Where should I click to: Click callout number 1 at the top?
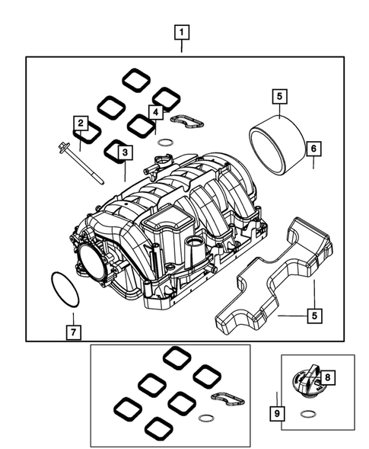182,33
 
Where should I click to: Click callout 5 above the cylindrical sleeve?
279,96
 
